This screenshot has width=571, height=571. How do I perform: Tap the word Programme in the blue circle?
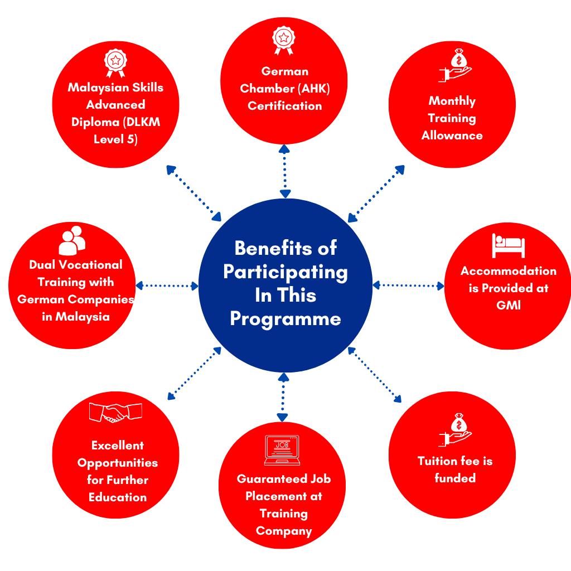[285, 319]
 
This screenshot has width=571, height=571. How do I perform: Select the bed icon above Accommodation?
[508, 245]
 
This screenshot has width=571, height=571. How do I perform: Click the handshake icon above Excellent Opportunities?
[115, 413]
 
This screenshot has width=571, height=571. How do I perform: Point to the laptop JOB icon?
[282, 450]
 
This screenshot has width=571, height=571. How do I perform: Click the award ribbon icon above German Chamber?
[284, 41]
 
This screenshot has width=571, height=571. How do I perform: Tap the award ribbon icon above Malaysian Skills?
[115, 62]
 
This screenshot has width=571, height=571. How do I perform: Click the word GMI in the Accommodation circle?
[508, 306]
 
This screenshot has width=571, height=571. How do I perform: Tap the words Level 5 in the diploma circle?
[115, 139]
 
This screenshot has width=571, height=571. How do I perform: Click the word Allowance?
[452, 136]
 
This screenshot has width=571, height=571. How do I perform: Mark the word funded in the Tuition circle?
[455, 478]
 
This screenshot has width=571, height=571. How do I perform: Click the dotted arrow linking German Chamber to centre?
[285, 171]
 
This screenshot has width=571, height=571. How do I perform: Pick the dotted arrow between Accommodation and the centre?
[408, 285]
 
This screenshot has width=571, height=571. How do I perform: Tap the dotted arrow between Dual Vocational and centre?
[167, 285]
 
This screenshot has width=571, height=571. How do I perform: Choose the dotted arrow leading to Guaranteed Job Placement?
[283, 398]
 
